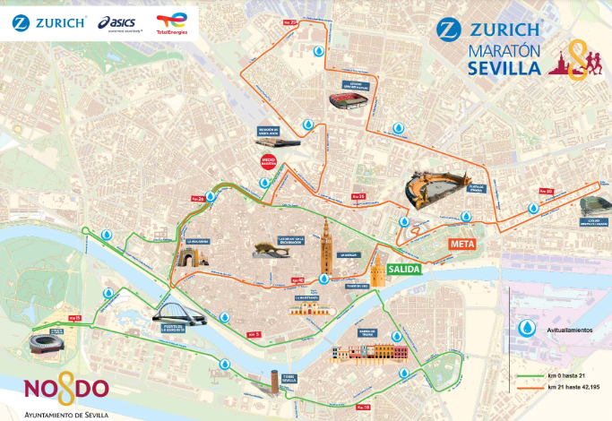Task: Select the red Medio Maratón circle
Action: point(267,162)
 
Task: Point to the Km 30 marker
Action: point(545,191)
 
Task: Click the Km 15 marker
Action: point(74,318)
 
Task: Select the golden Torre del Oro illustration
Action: point(378,271)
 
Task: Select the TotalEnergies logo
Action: point(171,21)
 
